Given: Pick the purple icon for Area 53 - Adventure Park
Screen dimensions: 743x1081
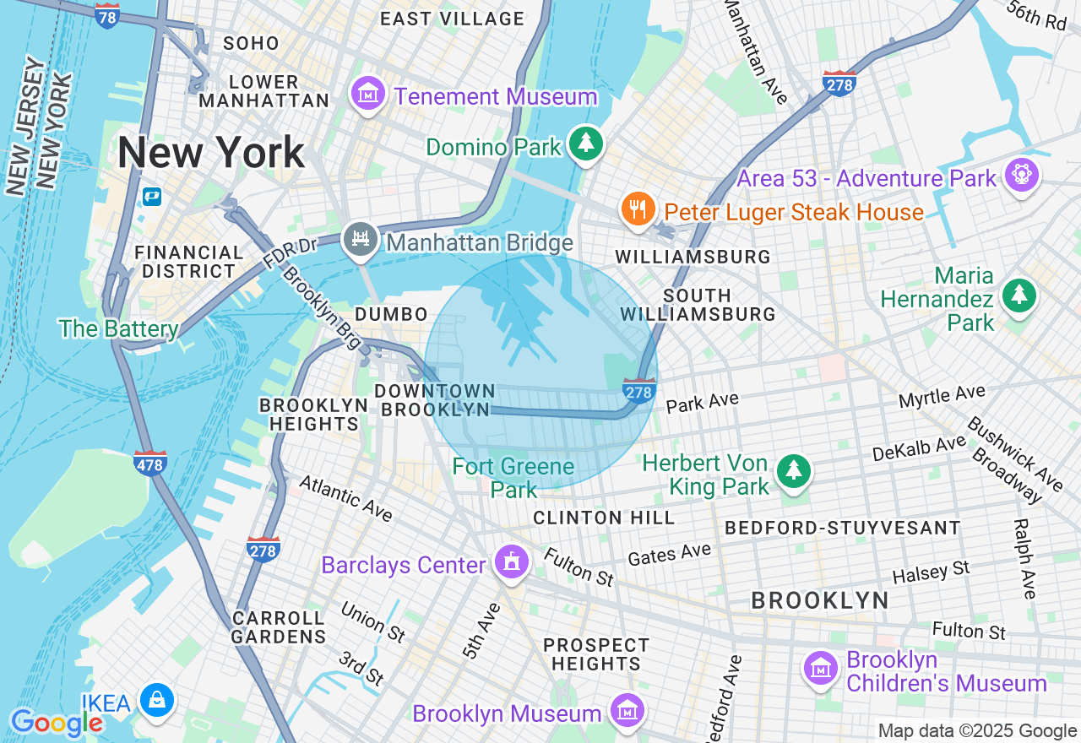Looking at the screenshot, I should pyautogui.click(x=1022, y=175).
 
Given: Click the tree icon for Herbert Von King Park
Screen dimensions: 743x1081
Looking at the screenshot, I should pyautogui.click(x=793, y=472).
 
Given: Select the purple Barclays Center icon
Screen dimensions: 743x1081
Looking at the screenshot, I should pyautogui.click(x=511, y=562).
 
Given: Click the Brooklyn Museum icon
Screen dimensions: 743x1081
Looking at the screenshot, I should pyautogui.click(x=626, y=712).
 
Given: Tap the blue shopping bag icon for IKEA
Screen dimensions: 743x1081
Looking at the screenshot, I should pyautogui.click(x=157, y=702).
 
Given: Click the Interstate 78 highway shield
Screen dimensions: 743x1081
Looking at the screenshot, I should pyautogui.click(x=107, y=16).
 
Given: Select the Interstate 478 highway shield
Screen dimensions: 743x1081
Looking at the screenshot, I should pyautogui.click(x=150, y=463).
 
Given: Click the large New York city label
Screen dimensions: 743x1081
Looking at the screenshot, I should pyautogui.click(x=210, y=153).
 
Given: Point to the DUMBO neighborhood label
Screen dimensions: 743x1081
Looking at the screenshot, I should pyautogui.click(x=391, y=314).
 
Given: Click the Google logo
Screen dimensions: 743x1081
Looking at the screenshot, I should pyautogui.click(x=56, y=723).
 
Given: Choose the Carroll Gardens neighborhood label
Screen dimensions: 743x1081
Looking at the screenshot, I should pyautogui.click(x=278, y=627).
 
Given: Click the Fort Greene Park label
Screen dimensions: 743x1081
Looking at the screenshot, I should pyautogui.click(x=513, y=478).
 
